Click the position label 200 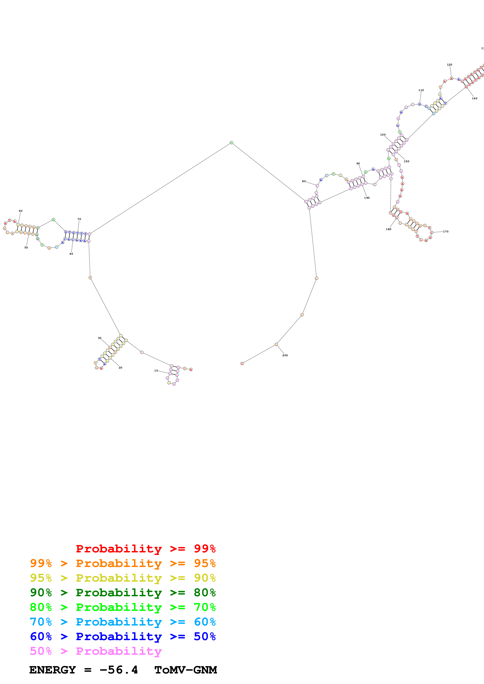click(285, 355)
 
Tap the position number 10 click(156, 371)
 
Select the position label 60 click(21, 211)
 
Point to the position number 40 click(71, 254)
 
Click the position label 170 click(446, 231)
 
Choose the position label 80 click(304, 181)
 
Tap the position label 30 click(100, 338)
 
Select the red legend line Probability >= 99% click(145, 548)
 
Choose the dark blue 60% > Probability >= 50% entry click(123, 636)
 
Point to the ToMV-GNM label click(185, 670)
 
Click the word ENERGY click(53, 670)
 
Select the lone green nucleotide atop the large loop click(231, 143)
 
